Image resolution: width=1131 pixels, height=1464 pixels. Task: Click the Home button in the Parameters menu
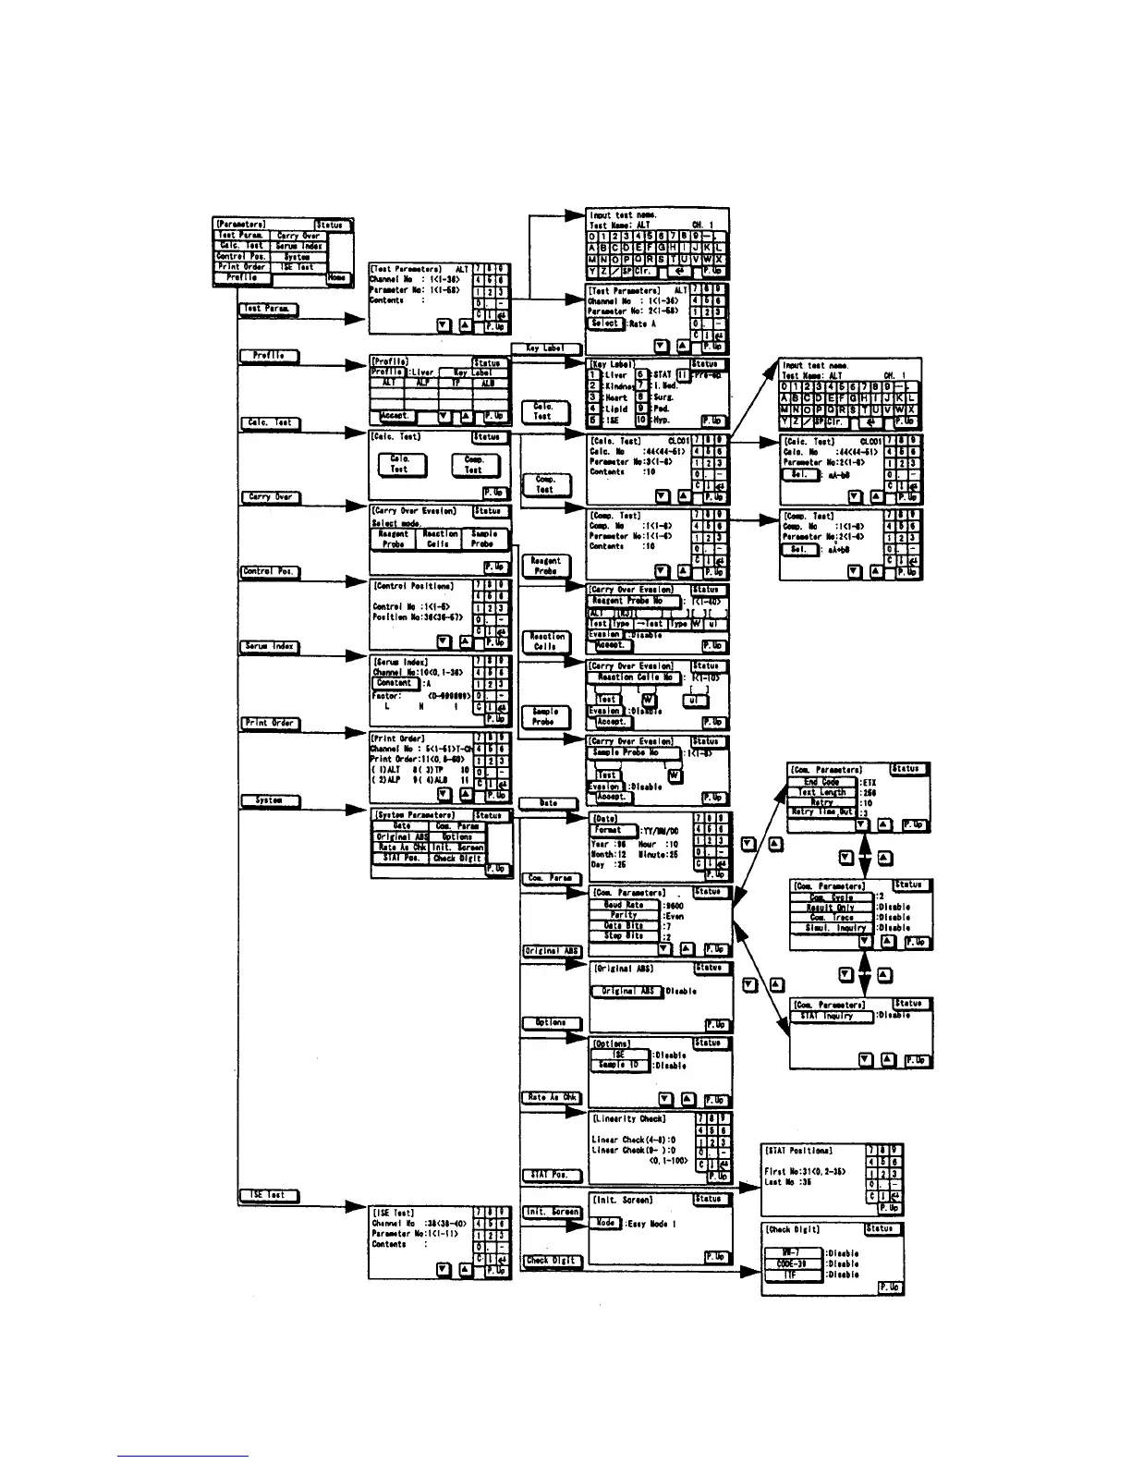coord(338,277)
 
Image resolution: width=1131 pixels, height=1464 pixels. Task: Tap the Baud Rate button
coord(624,905)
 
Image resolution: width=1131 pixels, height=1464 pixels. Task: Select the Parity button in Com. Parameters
coord(624,915)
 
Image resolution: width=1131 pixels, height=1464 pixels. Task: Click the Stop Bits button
coord(624,936)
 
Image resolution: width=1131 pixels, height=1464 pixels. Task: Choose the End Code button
coord(821,782)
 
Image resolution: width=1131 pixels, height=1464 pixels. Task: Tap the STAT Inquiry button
coord(831,1016)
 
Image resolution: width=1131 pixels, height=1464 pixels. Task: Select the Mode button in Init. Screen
coord(605,1223)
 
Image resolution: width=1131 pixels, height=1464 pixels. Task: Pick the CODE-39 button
coord(792,1263)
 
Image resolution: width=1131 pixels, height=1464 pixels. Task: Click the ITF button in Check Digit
coord(792,1275)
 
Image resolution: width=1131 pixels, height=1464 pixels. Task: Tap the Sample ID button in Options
coord(619,1065)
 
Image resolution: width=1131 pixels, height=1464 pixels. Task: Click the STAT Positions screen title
coord(798,1151)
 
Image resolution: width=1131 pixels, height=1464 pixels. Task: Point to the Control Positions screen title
coord(413,586)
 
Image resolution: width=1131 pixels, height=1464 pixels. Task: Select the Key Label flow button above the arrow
coord(545,348)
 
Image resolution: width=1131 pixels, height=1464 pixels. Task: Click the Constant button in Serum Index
coord(395,683)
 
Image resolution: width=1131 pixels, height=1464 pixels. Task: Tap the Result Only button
coord(832,908)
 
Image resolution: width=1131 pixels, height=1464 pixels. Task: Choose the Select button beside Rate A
coord(606,323)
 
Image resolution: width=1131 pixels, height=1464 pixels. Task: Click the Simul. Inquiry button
coord(832,928)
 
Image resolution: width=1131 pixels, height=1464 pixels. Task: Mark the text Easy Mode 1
coord(651,1224)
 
